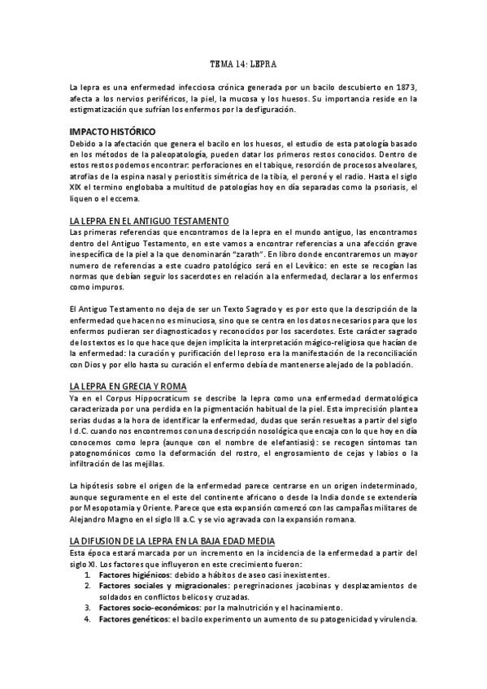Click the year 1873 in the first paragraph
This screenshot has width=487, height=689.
tap(404, 85)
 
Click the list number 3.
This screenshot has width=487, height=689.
tap(86, 608)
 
